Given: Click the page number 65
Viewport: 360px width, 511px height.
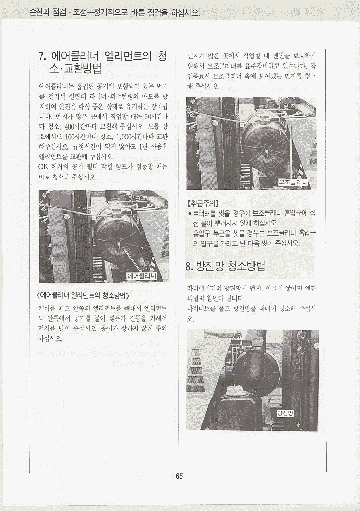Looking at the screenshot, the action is (179, 476).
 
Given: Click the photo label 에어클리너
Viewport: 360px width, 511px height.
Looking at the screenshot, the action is (141, 276).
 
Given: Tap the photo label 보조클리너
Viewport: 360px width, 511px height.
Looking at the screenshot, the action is (293, 183).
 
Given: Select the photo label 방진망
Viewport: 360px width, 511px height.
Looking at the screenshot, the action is (285, 414).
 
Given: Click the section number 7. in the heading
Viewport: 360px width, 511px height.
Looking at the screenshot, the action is (43, 57).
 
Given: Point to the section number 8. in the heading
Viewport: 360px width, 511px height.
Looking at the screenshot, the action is (189, 267).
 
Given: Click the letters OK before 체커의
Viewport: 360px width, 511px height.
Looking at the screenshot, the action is (43, 167).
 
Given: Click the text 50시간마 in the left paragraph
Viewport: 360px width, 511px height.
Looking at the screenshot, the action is (156, 116).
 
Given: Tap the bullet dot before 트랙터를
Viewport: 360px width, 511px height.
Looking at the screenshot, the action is (189, 214).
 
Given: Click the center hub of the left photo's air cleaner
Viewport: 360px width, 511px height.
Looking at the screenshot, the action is (118, 243).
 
